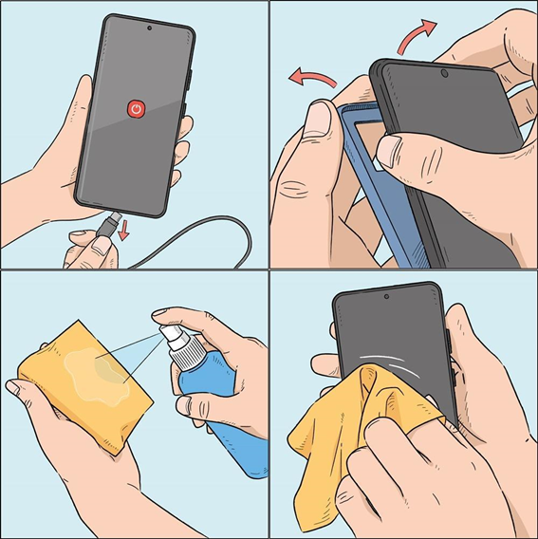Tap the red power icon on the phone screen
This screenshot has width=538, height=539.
point(139,110)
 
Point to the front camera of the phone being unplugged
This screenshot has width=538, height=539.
point(149,28)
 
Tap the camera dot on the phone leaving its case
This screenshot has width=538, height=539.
point(445,72)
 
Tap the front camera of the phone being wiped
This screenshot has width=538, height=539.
point(386,298)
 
